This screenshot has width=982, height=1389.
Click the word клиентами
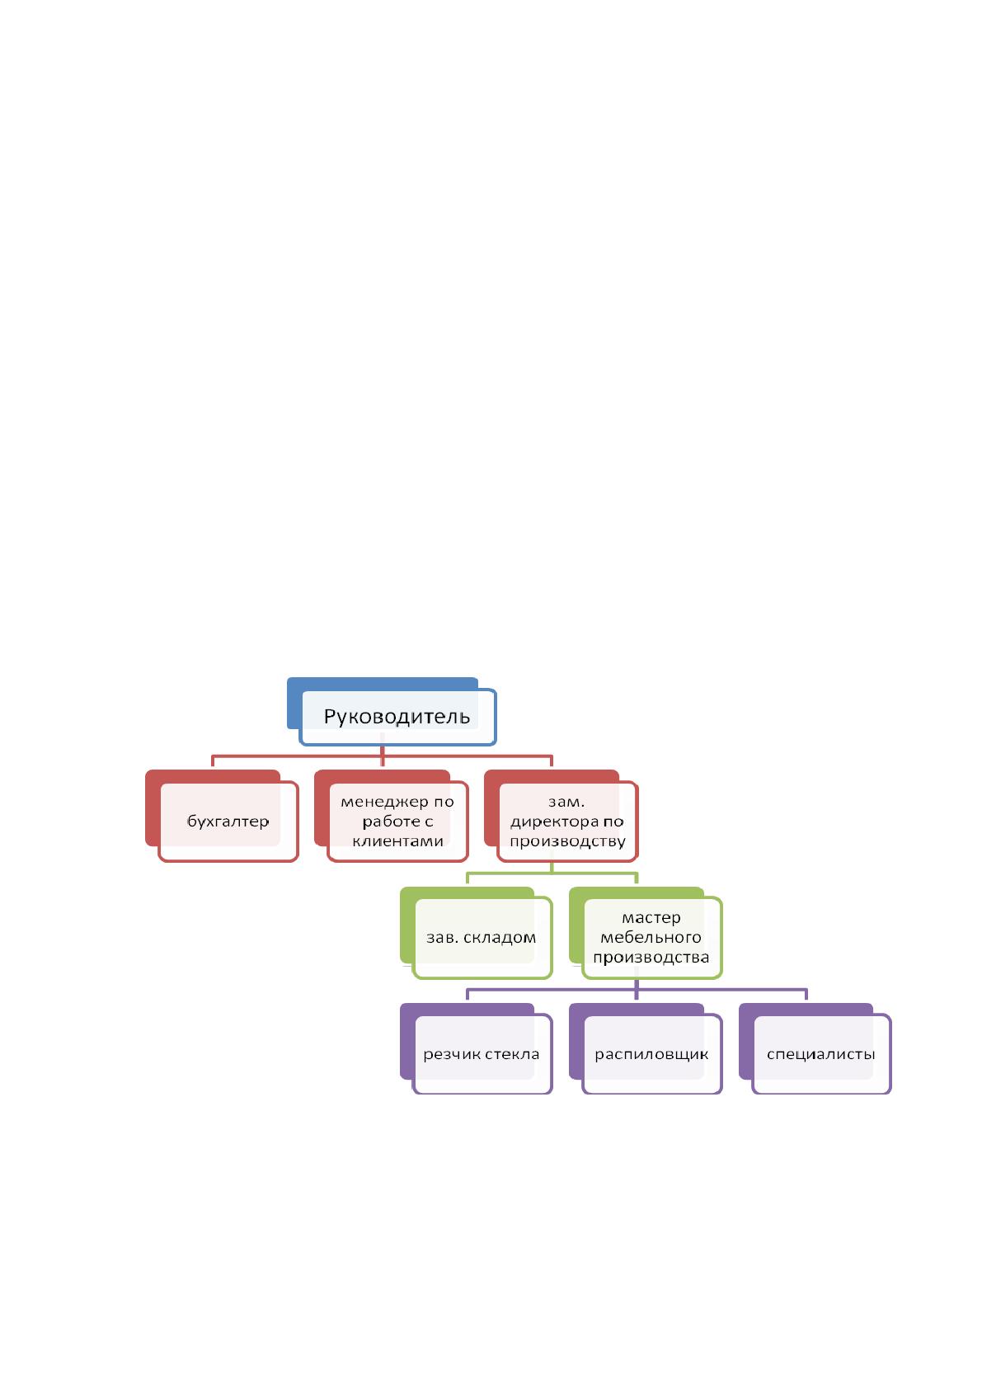pos(397,841)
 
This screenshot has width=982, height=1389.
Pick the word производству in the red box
pos(567,842)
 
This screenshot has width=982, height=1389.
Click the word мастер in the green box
pos(651,918)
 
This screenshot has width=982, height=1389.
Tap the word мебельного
pos(651,938)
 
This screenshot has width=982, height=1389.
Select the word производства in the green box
pos(651,958)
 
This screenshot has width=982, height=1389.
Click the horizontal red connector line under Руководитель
pos(382,756)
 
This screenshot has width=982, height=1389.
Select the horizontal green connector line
pos(552,873)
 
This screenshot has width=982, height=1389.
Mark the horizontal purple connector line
pos(637,990)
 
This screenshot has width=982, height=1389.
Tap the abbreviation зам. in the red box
pos(566,802)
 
